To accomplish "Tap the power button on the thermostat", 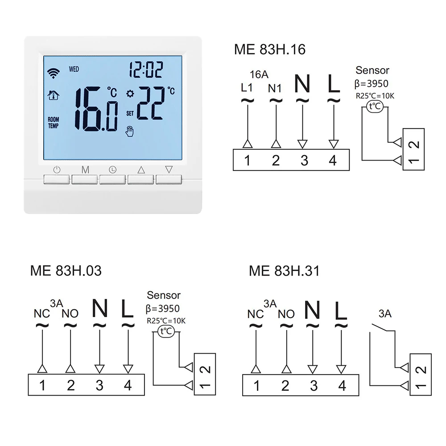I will [57, 179].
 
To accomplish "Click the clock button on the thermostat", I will [113, 179].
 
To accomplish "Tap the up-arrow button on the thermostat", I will [141, 179].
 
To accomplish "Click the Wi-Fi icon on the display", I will [53, 73].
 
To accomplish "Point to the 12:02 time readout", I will [145, 70].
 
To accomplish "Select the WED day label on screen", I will [74, 69].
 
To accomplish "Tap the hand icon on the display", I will [130, 131].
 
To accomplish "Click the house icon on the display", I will [53, 95].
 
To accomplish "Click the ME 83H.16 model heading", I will [270, 49].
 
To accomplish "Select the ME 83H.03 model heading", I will [66, 271].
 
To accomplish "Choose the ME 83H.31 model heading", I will [284, 271].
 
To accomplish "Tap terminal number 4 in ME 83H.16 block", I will [332, 160].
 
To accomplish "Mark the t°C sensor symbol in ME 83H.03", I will [165, 330].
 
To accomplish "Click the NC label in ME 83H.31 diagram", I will [256, 314].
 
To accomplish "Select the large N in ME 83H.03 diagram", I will [100, 309].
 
